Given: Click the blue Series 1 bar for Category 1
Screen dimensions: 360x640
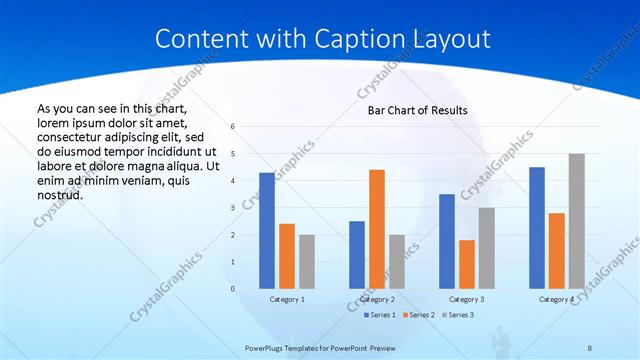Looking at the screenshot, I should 266,231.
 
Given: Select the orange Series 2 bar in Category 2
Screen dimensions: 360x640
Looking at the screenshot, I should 377,229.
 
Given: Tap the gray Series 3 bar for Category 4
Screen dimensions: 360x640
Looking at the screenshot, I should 577,221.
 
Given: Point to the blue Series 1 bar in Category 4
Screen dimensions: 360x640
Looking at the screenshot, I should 537,228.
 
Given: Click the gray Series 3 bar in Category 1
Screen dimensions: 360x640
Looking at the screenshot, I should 306,262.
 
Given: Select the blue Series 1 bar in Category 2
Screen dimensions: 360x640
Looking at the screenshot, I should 357,255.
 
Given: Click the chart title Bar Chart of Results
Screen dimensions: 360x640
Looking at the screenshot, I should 412,110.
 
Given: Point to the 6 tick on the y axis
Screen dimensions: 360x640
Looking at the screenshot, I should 232,127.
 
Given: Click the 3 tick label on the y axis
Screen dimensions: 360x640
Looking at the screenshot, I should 232,208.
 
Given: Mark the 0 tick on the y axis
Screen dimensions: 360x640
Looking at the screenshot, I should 232,289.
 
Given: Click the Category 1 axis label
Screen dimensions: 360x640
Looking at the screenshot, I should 287,299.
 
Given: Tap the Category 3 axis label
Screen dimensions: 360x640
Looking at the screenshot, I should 467,299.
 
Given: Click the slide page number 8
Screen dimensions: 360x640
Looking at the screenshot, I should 589,348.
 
